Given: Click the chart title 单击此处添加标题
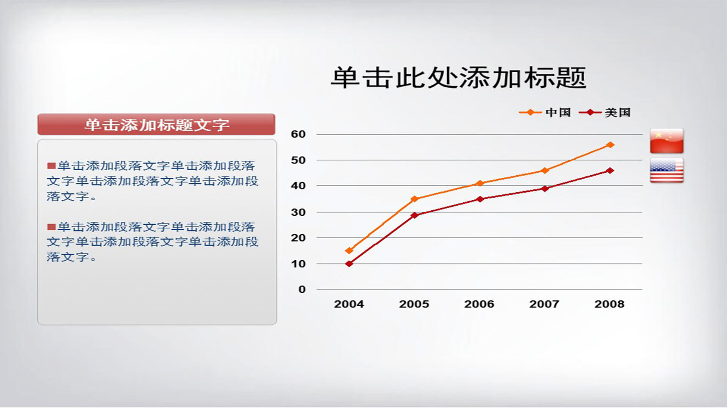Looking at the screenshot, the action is coord(459,78).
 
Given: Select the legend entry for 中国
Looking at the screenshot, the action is coord(545,112).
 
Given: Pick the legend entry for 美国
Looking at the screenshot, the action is coord(605,112).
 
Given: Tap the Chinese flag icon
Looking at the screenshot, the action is coord(667,141).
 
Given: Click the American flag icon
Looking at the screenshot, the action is coord(667,171).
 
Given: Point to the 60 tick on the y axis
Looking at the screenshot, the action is coord(298,134).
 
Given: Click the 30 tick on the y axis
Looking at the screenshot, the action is coord(298,212).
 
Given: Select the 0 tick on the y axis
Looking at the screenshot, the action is coord(302,289).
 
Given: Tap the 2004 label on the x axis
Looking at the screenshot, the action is coord(349,304).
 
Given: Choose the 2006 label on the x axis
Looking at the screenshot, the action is coord(479,304).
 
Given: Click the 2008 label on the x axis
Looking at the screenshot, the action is coord(609,304).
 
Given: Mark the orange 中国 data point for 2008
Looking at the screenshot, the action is coord(610,145).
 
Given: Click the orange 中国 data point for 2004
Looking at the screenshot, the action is coord(349,250).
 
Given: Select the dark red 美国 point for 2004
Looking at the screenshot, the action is coord(349,264).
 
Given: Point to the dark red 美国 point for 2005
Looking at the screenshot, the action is coord(414,215).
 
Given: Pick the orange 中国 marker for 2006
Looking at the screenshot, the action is coord(480,183).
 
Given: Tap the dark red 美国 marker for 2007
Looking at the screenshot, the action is coord(545,189).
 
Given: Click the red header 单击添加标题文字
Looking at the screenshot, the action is coord(156,125).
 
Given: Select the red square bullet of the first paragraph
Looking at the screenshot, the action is coord(52,166).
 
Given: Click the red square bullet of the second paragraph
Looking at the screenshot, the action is coord(52,227).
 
